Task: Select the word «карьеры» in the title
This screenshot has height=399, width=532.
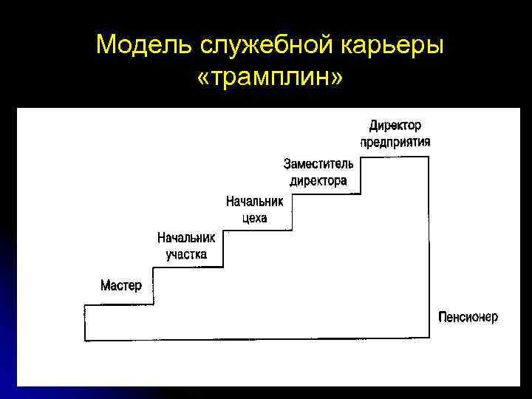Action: click(x=395, y=46)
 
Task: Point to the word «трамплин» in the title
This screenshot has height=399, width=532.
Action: click(x=270, y=77)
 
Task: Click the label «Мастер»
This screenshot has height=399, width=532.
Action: click(x=120, y=285)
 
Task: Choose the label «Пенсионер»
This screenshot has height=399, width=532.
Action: click(x=468, y=317)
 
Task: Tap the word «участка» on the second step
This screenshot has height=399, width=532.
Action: click(x=186, y=254)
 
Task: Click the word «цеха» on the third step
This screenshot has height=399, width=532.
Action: click(x=254, y=217)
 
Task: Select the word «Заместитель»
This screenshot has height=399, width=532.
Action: click(x=318, y=163)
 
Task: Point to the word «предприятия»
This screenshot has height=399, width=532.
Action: click(x=395, y=142)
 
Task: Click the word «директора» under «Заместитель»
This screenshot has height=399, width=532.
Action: click(x=318, y=180)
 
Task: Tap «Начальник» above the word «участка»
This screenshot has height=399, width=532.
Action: click(x=186, y=238)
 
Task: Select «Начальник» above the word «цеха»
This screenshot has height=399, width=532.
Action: click(x=254, y=201)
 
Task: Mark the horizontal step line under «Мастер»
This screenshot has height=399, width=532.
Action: click(x=119, y=304)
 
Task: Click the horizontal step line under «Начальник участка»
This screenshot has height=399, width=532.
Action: click(x=188, y=267)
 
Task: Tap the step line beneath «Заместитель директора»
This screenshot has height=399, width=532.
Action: click(x=326, y=194)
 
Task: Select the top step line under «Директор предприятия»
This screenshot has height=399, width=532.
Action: click(x=395, y=157)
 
